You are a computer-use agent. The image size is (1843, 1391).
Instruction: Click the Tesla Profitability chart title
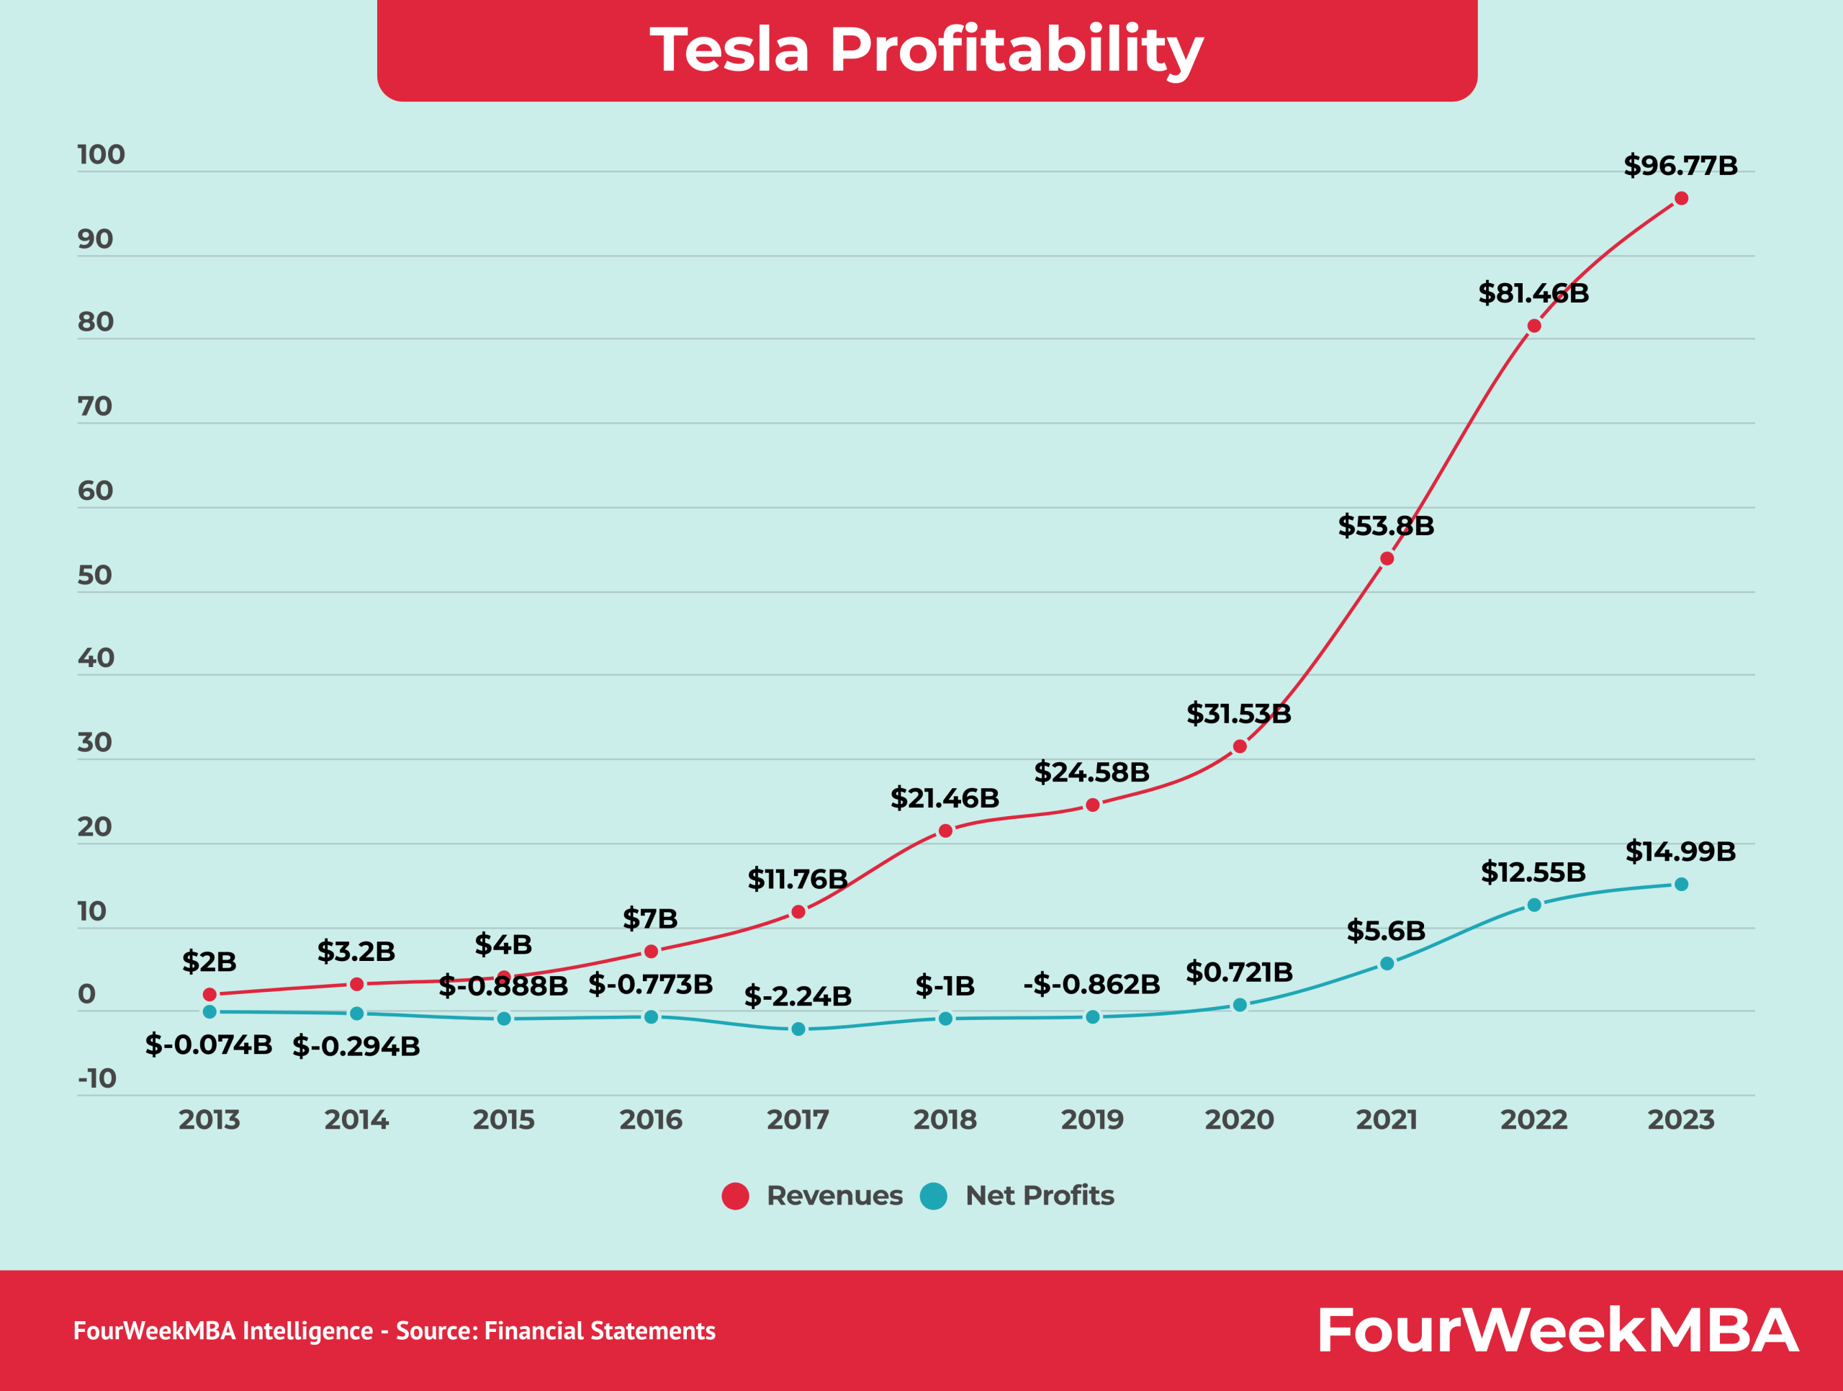927,50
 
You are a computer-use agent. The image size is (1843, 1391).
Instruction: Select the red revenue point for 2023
1681,198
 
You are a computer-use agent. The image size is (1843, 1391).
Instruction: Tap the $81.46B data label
1533,293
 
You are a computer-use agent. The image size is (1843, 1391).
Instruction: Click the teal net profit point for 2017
798,1029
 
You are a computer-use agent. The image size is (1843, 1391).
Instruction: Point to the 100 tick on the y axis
101,155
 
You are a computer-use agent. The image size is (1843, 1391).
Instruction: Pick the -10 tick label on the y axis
97,1078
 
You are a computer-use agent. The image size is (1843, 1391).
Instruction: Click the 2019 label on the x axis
1092,1119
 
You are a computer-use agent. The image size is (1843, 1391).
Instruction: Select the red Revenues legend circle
735,1196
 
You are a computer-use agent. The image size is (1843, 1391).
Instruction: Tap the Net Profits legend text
1039,1196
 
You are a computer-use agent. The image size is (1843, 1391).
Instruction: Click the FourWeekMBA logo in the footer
1557,1330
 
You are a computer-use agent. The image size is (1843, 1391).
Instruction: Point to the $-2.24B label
798,996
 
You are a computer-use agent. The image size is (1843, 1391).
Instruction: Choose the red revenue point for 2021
1387,558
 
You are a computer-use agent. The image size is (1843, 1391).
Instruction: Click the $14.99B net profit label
1680,851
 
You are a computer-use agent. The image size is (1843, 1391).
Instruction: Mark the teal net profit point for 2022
1534,905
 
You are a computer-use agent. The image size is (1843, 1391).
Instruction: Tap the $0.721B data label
1239,972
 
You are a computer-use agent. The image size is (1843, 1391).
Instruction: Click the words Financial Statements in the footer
599,1331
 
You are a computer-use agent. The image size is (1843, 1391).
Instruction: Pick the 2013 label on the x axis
209,1119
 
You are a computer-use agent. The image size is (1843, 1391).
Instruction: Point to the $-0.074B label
208,1045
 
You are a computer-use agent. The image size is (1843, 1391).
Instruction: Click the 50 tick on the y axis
94,575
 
